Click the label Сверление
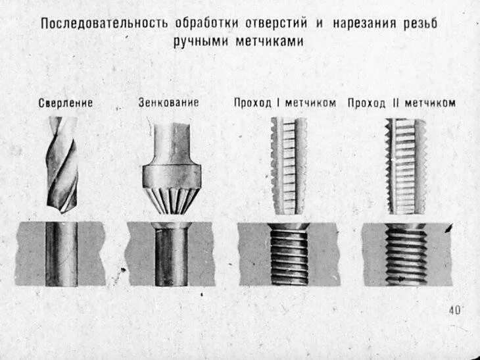click(x=65, y=103)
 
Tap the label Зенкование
click(x=168, y=103)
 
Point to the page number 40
click(x=454, y=311)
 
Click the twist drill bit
click(x=62, y=165)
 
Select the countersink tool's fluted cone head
click(x=171, y=193)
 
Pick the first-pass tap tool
click(x=288, y=166)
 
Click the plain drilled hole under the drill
click(x=62, y=253)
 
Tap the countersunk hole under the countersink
click(x=172, y=253)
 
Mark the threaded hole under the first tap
click(x=289, y=253)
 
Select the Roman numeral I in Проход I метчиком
click(x=279, y=103)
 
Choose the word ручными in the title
click(x=199, y=41)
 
